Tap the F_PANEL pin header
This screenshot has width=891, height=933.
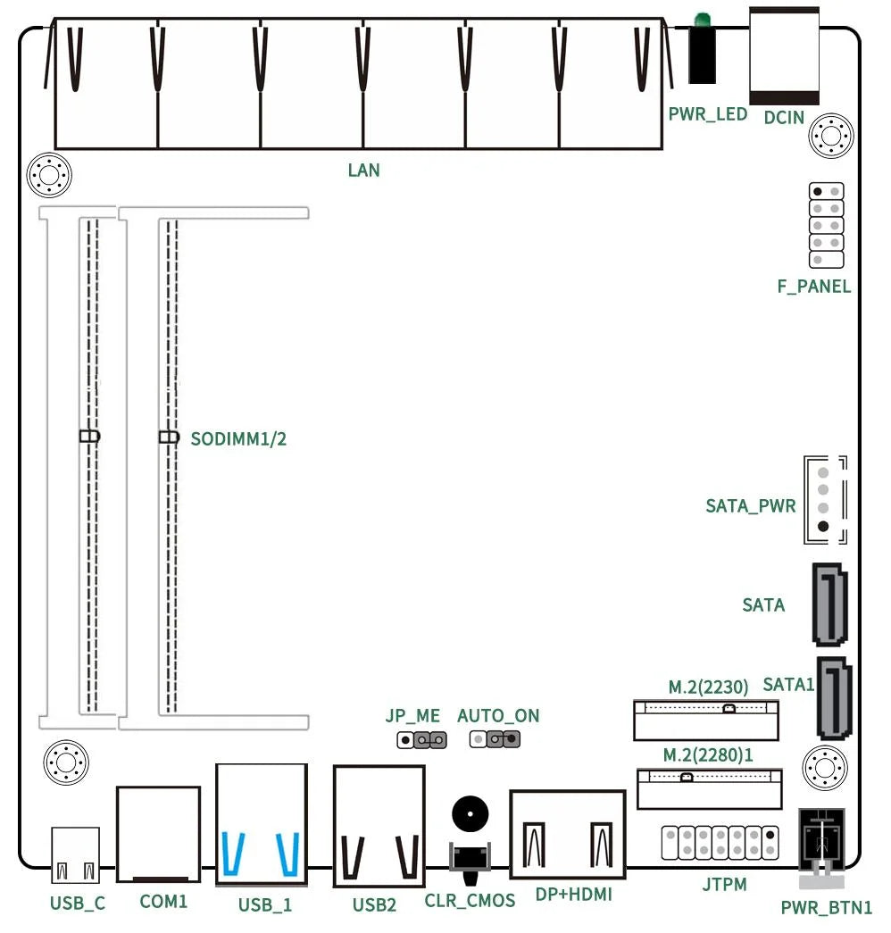826,225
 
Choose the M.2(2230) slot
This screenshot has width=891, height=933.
705,719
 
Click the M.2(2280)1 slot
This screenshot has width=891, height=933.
709,788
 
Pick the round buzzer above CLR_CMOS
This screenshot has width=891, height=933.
470,814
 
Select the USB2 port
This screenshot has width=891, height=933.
379,826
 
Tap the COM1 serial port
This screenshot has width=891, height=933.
159,834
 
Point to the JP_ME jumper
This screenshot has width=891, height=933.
421,739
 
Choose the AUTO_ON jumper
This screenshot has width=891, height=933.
495,739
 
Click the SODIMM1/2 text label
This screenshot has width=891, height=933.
238,438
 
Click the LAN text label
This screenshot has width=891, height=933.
364,170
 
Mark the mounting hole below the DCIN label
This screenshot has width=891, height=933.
831,137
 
